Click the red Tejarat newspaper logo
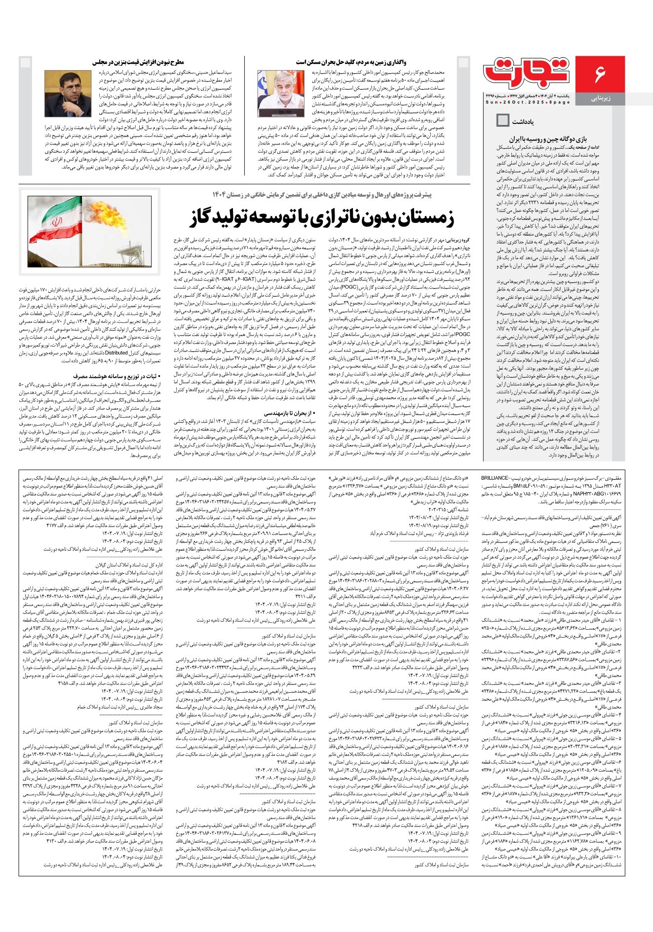click(x=527, y=72)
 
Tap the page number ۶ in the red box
click(x=600, y=74)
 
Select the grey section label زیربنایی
click(x=600, y=98)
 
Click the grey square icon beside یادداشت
click(x=503, y=120)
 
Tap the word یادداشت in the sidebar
click(x=523, y=121)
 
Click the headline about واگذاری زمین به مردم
click(x=351, y=62)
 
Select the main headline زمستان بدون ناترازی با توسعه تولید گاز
click(x=321, y=217)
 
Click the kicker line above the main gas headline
click(x=321, y=194)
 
